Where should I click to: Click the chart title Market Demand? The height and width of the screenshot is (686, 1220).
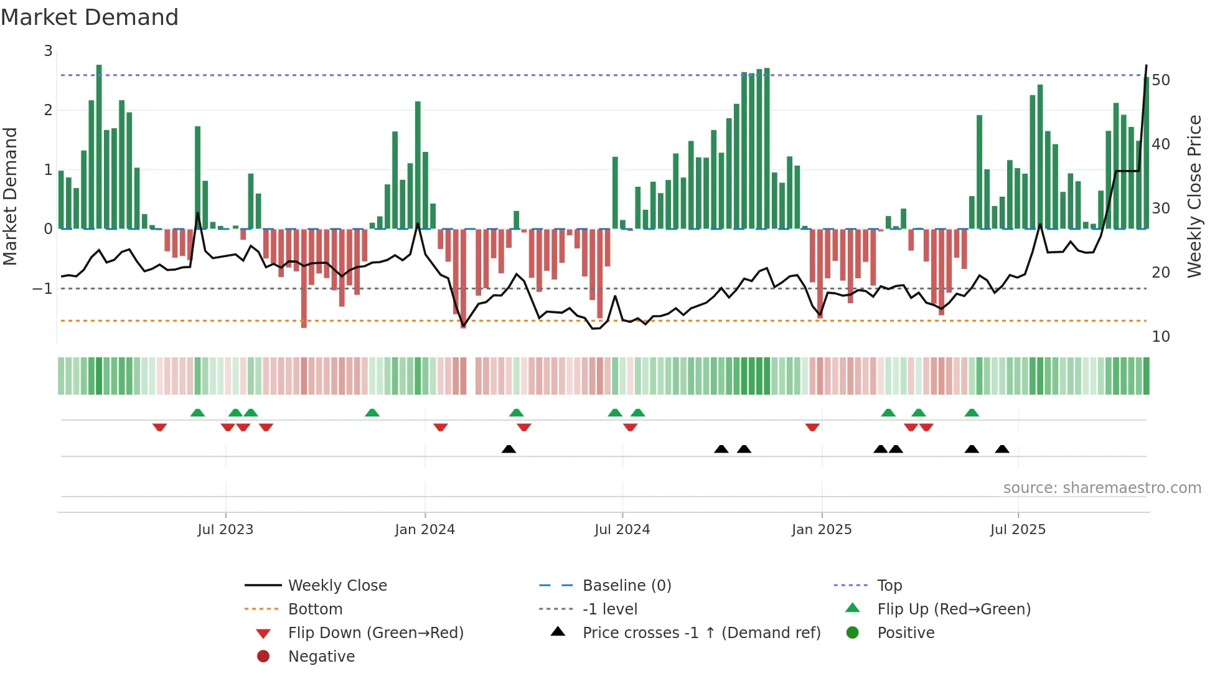[x=90, y=17]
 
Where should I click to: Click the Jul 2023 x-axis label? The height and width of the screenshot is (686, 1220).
[x=225, y=530]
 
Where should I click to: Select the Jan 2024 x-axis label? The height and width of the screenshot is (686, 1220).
[x=425, y=530]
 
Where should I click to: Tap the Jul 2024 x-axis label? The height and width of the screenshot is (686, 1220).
[x=622, y=530]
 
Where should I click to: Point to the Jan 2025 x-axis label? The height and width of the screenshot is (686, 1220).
[x=822, y=530]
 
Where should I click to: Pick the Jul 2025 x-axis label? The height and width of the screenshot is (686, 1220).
[x=1018, y=530]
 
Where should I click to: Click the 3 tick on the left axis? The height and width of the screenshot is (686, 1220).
[x=49, y=51]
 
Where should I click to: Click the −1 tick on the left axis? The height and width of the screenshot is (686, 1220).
[x=42, y=289]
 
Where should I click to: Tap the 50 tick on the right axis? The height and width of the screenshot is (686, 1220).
[x=1161, y=80]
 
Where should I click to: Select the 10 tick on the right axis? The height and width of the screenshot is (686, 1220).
[x=1161, y=337]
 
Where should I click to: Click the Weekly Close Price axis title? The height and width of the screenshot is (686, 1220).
[x=1194, y=196]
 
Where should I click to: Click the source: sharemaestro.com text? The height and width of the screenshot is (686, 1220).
[x=1102, y=488]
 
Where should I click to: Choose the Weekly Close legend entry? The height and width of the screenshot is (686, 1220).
[x=337, y=586]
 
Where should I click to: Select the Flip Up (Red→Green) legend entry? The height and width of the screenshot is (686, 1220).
[x=954, y=609]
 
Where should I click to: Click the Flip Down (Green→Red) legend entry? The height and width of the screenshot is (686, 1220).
[x=375, y=633]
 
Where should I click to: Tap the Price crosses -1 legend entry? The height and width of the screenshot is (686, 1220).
[x=701, y=633]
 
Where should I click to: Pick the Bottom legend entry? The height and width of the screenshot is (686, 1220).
[x=315, y=609]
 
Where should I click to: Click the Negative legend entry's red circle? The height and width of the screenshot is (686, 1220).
[x=263, y=657]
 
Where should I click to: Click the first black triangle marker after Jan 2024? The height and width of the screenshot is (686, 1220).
[x=509, y=449]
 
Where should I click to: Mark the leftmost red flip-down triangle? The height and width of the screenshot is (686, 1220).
[x=159, y=427]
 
